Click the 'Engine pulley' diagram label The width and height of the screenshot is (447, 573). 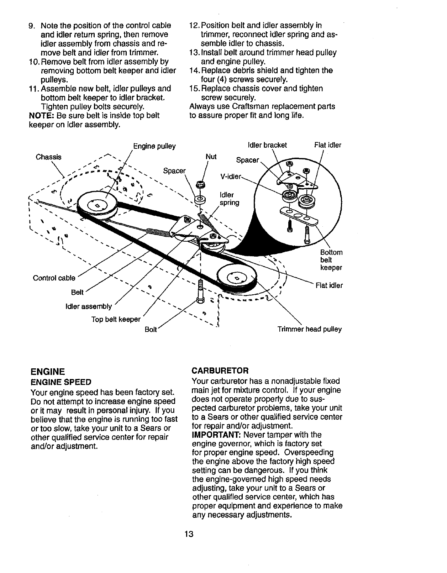tap(154, 146)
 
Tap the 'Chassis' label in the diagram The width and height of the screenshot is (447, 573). tap(49, 157)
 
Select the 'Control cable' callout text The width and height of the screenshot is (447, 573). tap(54, 278)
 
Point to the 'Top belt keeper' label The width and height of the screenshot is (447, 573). tap(116, 319)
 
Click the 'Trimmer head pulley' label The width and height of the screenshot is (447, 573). tap(310, 329)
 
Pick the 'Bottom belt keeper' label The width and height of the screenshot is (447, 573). tap(331, 260)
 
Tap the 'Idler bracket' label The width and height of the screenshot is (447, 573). tap(267, 145)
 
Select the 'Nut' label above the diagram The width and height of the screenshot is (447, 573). tap(211, 157)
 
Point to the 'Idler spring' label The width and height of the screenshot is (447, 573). tap(230, 199)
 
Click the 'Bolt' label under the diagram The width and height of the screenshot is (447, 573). tap(151, 330)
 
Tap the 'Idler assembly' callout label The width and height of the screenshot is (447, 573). tap(89, 306)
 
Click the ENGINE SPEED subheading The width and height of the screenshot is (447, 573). tap(61, 382)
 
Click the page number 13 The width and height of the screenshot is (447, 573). tap(189, 534)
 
